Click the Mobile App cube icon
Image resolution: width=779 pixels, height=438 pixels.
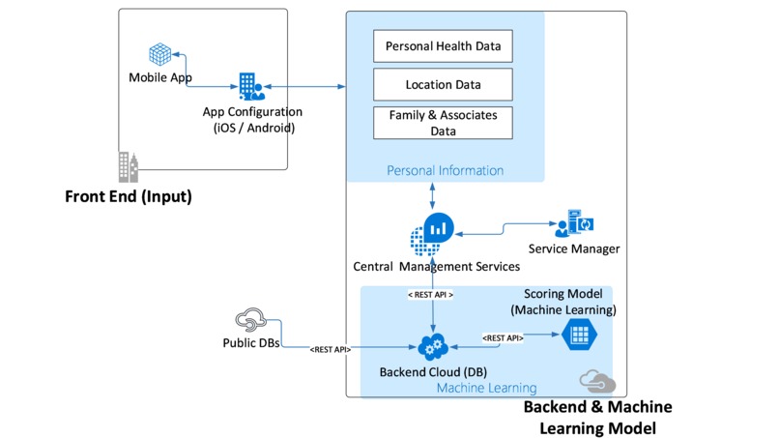point(159,53)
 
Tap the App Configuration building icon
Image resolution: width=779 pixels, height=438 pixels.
point(249,86)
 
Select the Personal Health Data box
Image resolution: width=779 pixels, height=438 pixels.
point(443,45)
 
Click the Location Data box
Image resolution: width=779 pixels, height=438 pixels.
point(443,84)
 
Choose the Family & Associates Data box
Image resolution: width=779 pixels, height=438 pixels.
point(443,123)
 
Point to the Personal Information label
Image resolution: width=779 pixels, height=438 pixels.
point(445,171)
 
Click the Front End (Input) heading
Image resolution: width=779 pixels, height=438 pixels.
point(129,197)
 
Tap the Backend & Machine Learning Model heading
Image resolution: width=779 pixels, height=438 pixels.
point(597,417)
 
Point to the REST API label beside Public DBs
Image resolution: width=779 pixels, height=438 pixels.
point(330,348)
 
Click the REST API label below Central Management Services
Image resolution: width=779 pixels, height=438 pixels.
point(431,294)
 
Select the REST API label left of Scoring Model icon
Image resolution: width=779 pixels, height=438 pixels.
point(504,337)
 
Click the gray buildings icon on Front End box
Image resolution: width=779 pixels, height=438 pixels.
point(129,167)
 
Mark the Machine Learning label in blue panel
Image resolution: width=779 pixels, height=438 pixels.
point(474,388)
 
